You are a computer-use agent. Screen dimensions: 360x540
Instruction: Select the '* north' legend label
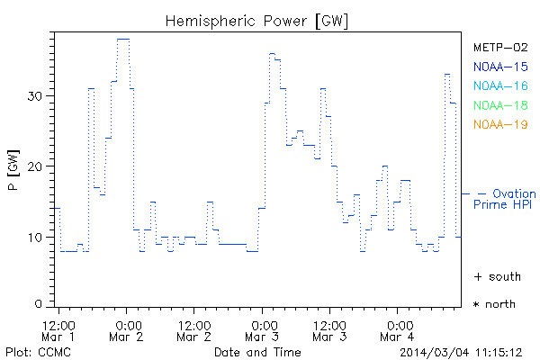[494, 304]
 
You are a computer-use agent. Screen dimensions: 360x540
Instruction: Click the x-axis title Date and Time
[257, 351]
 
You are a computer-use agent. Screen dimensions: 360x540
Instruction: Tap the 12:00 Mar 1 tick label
[58, 330]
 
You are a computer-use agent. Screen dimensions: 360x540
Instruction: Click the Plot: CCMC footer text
[33, 351]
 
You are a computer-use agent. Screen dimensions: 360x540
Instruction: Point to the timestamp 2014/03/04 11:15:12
[461, 351]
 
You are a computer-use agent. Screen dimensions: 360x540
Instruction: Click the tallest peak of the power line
[123, 39]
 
